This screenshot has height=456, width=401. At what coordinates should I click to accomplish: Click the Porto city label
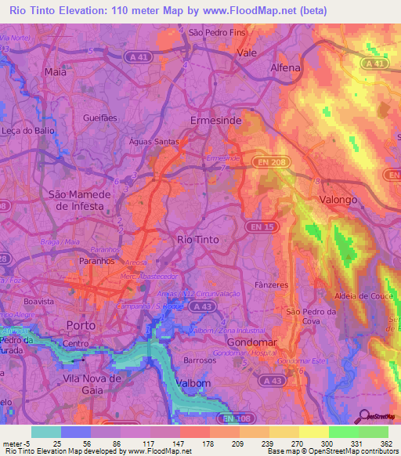[81, 324]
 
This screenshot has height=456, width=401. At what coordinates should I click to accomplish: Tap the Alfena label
[285, 68]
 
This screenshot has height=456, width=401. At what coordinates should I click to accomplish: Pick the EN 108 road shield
[233, 419]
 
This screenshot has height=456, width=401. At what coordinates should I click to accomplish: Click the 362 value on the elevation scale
[387, 443]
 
